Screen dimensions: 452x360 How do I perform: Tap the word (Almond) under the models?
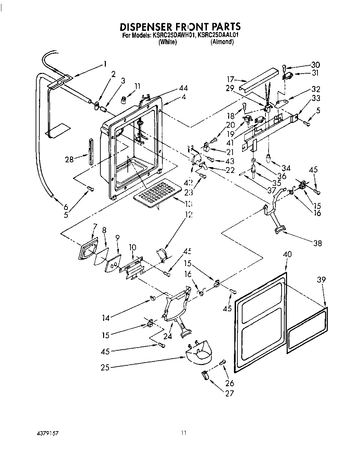pos(222,42)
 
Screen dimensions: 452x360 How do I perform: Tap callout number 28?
pos(69,159)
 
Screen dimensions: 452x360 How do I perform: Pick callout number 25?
pos(105,367)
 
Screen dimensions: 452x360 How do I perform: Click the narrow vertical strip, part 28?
pos(91,151)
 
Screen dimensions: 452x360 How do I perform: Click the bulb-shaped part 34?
pos(268,158)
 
